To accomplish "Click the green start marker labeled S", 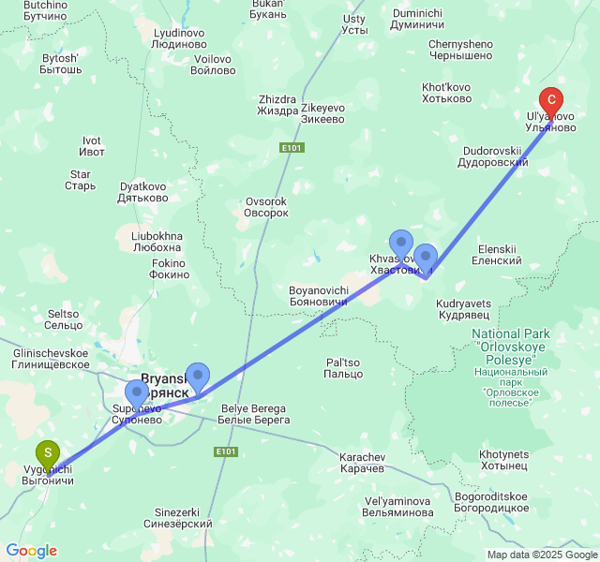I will click(47, 454).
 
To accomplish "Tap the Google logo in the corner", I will click(31, 551).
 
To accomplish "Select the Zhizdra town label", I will click(277, 106).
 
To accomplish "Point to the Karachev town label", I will click(362, 462).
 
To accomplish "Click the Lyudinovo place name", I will click(179, 38).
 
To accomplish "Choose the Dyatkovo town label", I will click(142, 192).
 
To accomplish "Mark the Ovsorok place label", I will click(266, 207).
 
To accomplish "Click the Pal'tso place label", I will click(343, 368).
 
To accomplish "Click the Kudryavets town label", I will click(464, 309).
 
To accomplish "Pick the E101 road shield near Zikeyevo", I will click(292, 147).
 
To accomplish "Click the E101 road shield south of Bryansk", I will click(225, 451).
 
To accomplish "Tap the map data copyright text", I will click(541, 554).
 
